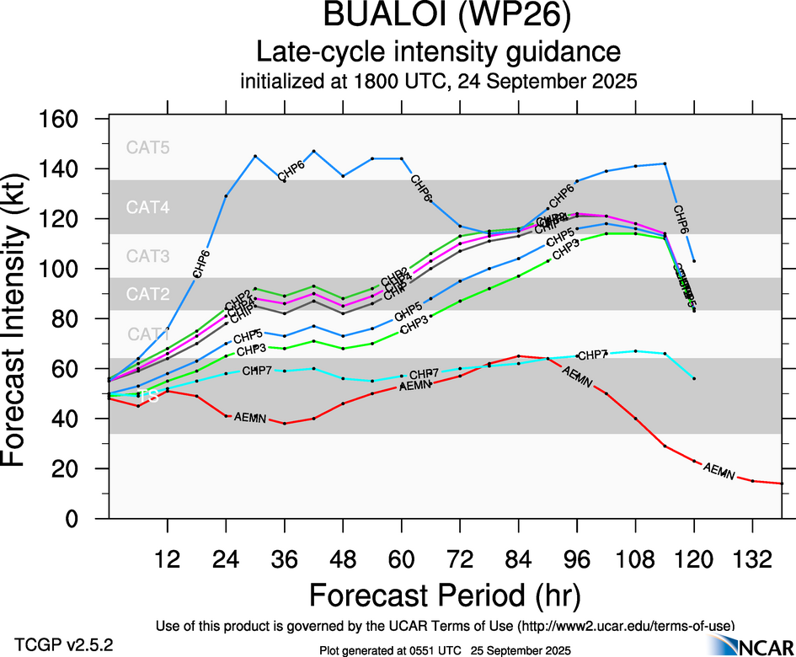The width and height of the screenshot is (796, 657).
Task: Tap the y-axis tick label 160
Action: point(58,120)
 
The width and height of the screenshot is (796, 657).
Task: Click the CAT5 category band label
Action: point(147,147)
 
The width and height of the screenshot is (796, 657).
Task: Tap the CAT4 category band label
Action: point(147,207)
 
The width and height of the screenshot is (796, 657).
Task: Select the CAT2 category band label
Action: point(147,295)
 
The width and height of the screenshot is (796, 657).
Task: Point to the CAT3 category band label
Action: point(147,256)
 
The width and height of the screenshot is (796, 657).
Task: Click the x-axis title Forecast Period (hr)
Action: point(445,595)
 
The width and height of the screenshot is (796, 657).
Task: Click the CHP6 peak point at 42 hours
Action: point(313,152)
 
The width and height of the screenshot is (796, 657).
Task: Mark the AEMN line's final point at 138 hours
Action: point(782,483)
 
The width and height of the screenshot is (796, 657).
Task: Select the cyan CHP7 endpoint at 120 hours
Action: point(694,379)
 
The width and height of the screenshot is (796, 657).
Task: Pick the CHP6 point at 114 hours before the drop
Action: point(665,163)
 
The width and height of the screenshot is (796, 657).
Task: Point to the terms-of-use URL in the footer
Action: point(624,625)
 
